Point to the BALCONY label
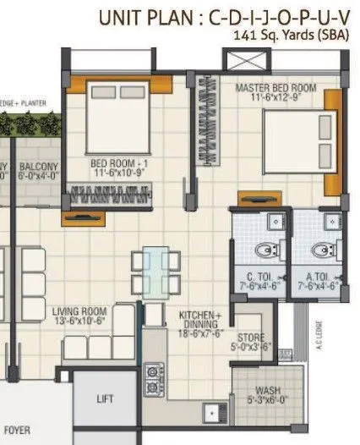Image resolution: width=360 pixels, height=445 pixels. (x=39, y=168)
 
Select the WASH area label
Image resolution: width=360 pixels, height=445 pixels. (x=267, y=391)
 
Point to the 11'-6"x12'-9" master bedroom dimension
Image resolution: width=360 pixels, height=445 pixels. (x=275, y=98)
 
